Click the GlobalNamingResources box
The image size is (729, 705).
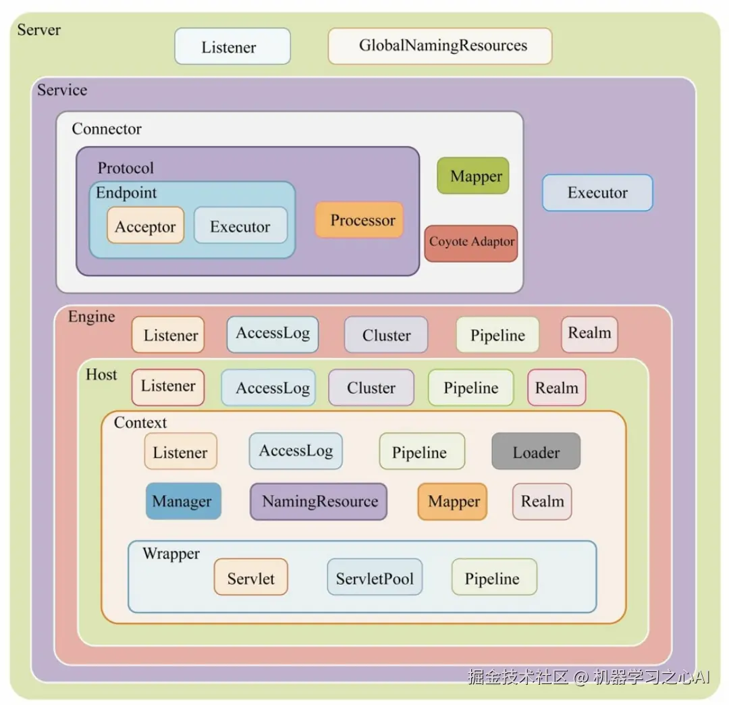[440, 46]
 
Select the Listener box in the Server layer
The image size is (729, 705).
[232, 46]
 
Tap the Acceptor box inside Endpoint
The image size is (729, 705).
[146, 226]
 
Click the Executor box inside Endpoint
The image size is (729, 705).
[240, 226]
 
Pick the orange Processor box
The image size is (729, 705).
[359, 219]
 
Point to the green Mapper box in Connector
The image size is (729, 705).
[473, 176]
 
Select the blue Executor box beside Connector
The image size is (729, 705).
[597, 192]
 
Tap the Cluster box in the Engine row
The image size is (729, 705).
[386, 335]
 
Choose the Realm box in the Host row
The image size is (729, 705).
[556, 388]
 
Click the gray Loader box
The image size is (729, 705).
[536, 451]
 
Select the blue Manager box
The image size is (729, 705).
[183, 501]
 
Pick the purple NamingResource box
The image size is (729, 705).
[319, 501]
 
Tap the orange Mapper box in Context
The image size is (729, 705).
[452, 501]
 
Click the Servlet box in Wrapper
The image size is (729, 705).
[251, 577]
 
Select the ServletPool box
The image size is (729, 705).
[375, 577]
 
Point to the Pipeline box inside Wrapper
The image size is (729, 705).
[494, 577]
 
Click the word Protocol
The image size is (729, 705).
[126, 168]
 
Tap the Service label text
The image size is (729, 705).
[62, 90]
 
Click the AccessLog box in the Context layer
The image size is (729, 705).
[296, 451]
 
